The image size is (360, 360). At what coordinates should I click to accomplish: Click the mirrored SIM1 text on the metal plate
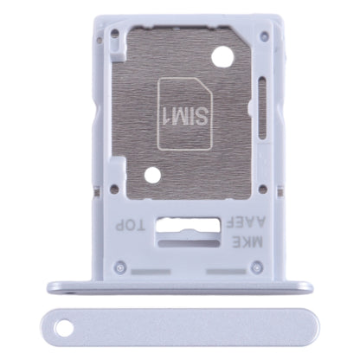click(x=185, y=115)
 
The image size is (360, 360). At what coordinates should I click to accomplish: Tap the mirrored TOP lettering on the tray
click(x=130, y=225)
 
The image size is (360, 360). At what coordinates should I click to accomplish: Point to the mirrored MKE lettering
click(x=248, y=241)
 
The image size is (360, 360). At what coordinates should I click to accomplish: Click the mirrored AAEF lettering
click(x=246, y=222)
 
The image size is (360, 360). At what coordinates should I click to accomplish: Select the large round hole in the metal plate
click(x=222, y=56)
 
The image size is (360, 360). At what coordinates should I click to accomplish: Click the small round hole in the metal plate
click(x=152, y=175)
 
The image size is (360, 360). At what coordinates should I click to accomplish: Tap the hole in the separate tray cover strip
click(x=65, y=328)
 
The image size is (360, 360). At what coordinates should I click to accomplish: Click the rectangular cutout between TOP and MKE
click(x=188, y=225)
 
